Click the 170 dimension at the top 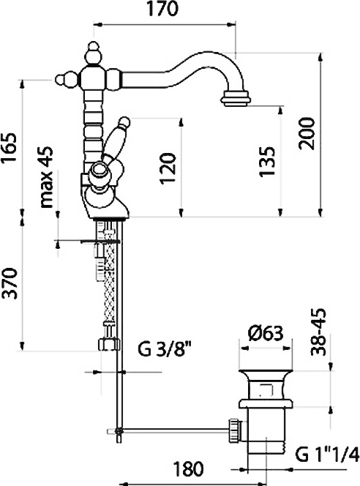click(x=162, y=9)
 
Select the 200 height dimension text click(x=307, y=133)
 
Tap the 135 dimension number click(x=267, y=161)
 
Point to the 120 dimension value click(x=168, y=168)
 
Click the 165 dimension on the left click(x=9, y=148)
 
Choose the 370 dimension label click(x=9, y=283)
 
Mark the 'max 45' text click(x=47, y=177)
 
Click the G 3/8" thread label click(x=164, y=350)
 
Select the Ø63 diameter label click(x=266, y=334)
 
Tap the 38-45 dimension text click(x=318, y=332)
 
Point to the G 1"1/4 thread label click(x=327, y=455)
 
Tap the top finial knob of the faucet click(x=92, y=53)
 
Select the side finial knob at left click(x=67, y=79)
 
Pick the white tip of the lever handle click(x=124, y=121)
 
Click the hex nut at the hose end click(x=109, y=344)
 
